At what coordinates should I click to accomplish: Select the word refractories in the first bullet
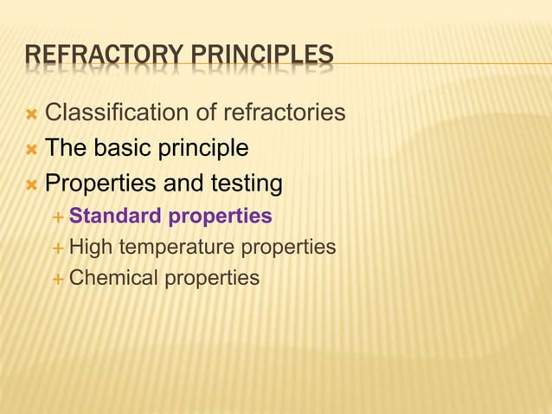pyautogui.click(x=285, y=113)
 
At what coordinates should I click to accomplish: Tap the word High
pyautogui.click(x=90, y=247)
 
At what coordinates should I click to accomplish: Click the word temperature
pyautogui.click(x=176, y=248)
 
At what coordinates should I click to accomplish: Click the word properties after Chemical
pyautogui.click(x=212, y=279)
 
